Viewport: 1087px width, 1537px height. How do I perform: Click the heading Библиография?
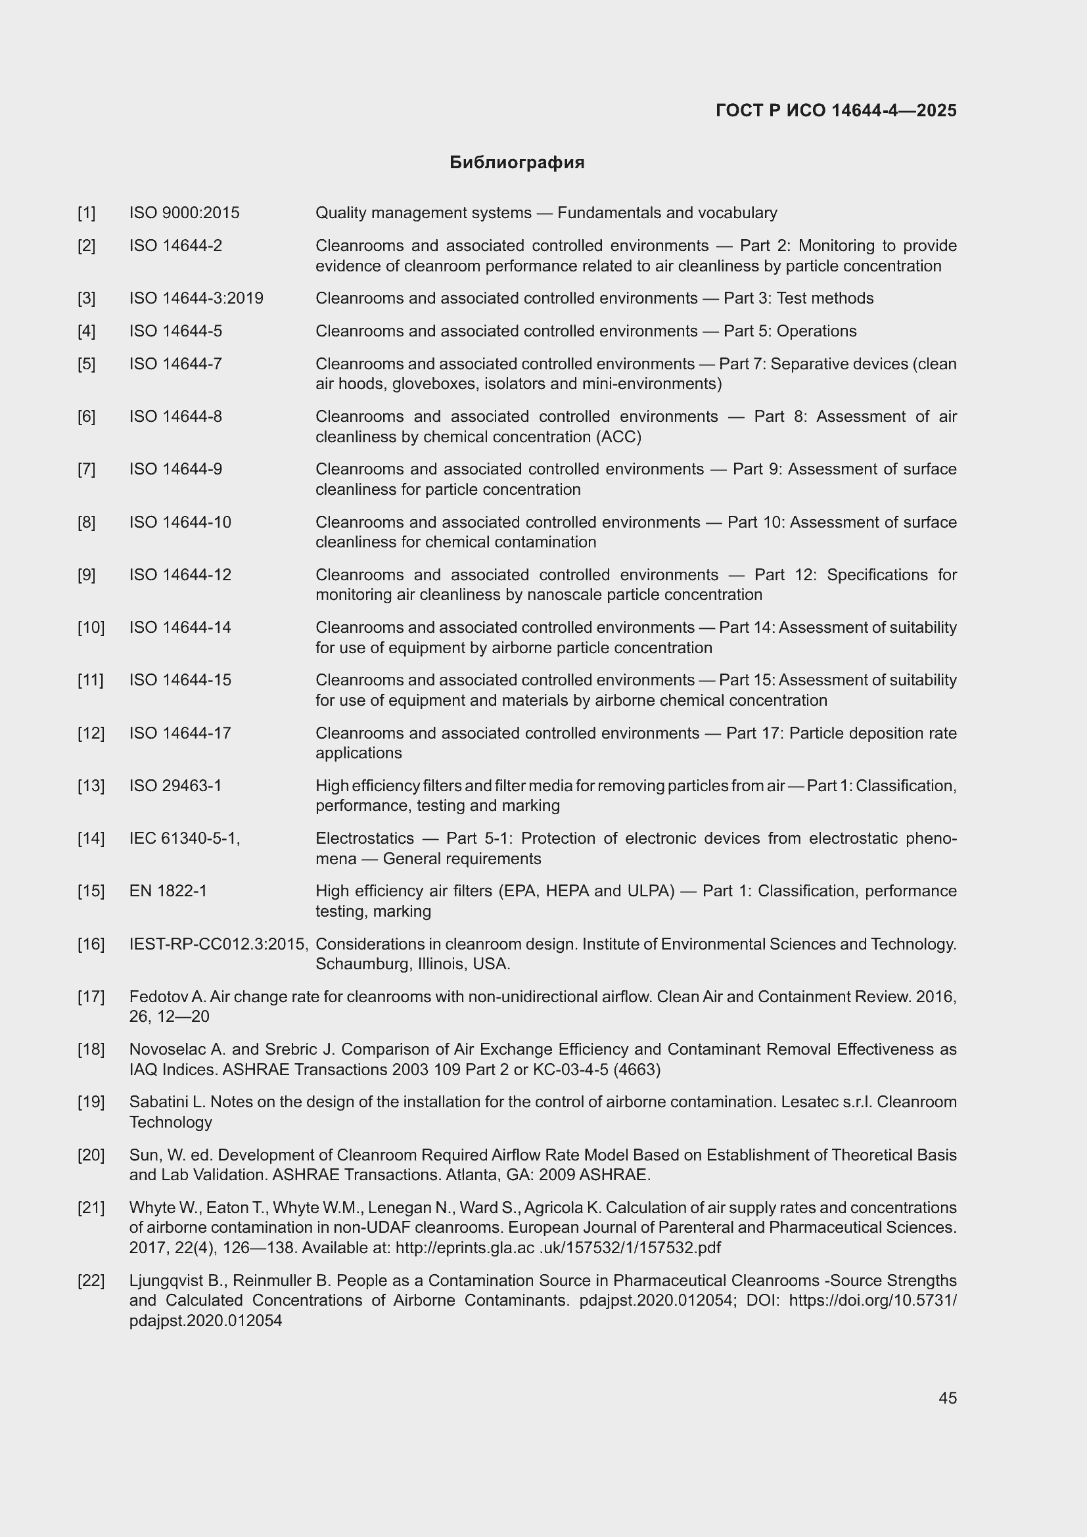coord(517,163)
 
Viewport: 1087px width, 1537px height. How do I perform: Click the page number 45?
coord(947,1398)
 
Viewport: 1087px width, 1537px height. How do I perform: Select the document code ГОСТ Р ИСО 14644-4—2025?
coord(836,111)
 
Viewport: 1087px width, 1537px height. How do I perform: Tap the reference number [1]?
coord(86,213)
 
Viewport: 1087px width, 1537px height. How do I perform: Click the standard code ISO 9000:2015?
coord(184,213)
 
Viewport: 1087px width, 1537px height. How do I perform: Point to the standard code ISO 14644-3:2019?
coord(196,298)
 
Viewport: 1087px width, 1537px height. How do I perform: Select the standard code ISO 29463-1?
coord(175,785)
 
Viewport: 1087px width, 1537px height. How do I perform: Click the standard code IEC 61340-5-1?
coord(185,838)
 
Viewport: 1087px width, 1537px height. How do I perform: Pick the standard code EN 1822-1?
coord(168,891)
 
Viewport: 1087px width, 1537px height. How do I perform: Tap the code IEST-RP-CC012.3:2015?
coord(218,944)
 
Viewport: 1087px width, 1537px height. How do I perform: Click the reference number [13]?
coord(91,785)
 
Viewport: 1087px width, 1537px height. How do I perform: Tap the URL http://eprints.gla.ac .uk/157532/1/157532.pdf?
coord(557,1248)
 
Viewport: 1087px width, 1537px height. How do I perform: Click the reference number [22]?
coord(91,1281)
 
